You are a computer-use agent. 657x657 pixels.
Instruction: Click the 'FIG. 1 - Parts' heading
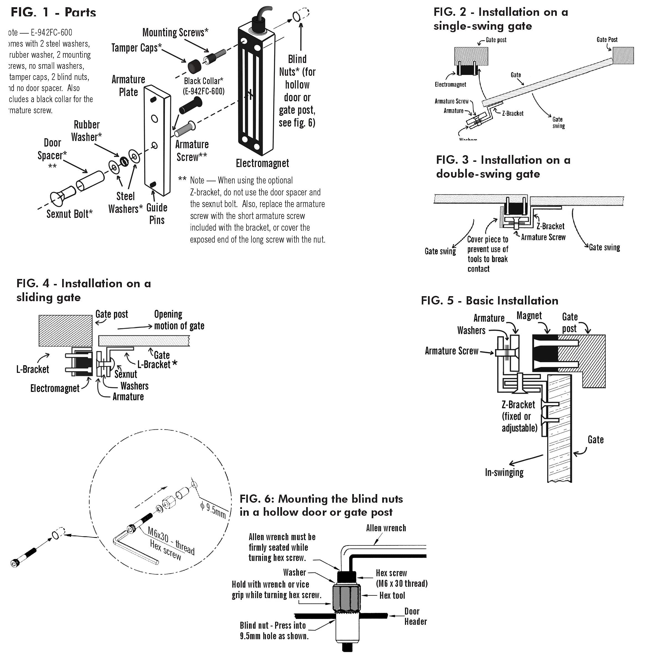click(x=53, y=12)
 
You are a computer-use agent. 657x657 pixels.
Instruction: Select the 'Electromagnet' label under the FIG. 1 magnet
click(x=262, y=163)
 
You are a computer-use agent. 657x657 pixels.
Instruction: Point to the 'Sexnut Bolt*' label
click(x=69, y=214)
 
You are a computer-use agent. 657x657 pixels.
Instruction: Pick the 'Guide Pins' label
click(x=157, y=214)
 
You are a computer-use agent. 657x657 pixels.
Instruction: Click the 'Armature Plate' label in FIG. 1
click(x=128, y=86)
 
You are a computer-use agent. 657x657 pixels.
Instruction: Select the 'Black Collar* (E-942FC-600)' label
click(x=203, y=86)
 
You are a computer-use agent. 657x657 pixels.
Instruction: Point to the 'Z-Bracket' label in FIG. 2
click(x=512, y=114)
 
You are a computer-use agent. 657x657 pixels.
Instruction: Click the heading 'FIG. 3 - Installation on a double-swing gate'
click(x=503, y=167)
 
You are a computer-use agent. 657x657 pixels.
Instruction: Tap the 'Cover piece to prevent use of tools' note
click(x=487, y=254)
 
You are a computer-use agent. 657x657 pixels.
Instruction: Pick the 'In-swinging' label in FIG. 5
click(x=504, y=472)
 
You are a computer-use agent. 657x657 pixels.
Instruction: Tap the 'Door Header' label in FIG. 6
click(x=415, y=616)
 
